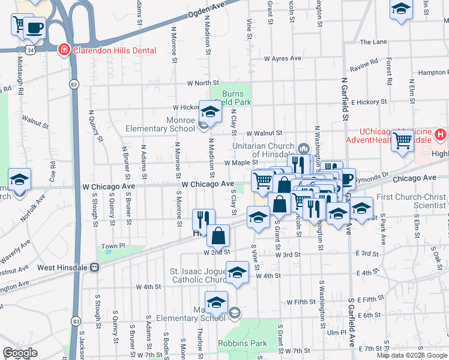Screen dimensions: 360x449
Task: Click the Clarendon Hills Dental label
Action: (114, 51)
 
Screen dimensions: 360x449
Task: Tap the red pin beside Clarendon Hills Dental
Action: (63, 50)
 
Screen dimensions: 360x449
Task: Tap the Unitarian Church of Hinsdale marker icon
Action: (303, 148)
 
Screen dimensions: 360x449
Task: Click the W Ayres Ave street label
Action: (283, 59)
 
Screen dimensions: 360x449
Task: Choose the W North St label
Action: (202, 83)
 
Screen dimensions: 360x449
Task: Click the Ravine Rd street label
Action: (364, 65)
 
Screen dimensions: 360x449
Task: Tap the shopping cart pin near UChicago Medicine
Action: (403, 140)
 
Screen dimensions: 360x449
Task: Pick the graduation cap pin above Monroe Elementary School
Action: (211, 111)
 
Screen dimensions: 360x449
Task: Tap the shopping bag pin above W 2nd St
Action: (218, 235)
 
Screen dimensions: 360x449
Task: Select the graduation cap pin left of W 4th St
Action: (238, 273)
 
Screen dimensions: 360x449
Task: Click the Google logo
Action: (20, 353)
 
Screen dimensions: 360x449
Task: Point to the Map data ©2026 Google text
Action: (412, 355)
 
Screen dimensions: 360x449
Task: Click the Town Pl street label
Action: (113, 246)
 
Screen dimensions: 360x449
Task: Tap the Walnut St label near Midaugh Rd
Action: (35, 122)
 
